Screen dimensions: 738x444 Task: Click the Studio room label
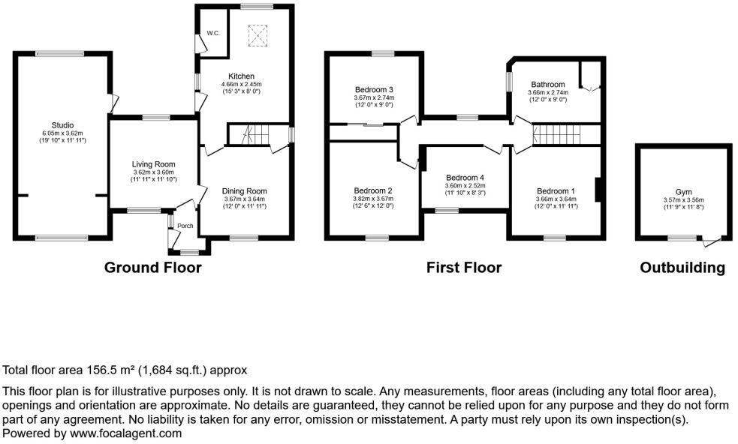(x=62, y=124)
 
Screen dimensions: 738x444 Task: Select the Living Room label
(x=153, y=164)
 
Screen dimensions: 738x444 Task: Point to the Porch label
(x=185, y=226)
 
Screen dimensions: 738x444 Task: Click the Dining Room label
(x=244, y=190)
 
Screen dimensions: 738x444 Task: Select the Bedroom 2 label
(x=374, y=190)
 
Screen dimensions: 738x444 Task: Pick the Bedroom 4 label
(x=465, y=177)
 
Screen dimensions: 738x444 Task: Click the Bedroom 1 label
(x=556, y=190)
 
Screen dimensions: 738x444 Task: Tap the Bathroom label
(x=548, y=84)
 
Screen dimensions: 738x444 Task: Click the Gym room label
(x=683, y=192)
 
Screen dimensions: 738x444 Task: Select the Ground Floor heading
(x=152, y=268)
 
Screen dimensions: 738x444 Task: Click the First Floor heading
(x=463, y=268)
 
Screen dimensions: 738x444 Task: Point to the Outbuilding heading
(x=682, y=268)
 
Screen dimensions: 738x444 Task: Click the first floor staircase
(x=556, y=136)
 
